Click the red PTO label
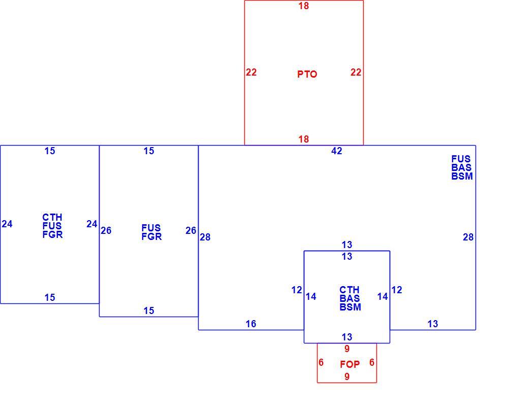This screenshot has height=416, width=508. pyautogui.click(x=307, y=74)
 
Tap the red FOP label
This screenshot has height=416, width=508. pyautogui.click(x=350, y=364)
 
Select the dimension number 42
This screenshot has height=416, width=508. pyautogui.click(x=337, y=151)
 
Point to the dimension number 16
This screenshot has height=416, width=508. pyautogui.click(x=251, y=324)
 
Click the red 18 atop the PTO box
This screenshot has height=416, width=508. pyautogui.click(x=304, y=6)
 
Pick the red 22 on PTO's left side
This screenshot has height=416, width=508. pyautogui.click(x=251, y=72)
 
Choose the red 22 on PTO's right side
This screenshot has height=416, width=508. pyautogui.click(x=356, y=72)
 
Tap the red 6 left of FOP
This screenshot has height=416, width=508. pyautogui.click(x=321, y=362)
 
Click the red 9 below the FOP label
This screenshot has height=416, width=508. pyautogui.click(x=347, y=376)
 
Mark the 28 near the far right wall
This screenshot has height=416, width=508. pyautogui.click(x=468, y=237)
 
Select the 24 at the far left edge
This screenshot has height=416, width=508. pyautogui.click(x=7, y=224)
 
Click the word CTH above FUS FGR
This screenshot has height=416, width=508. pyautogui.click(x=52, y=217)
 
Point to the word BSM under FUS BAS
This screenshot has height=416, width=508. pyautogui.click(x=462, y=177)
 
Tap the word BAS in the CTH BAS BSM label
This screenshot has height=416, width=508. pyautogui.click(x=350, y=298)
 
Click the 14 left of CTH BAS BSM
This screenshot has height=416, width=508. pyautogui.click(x=311, y=296)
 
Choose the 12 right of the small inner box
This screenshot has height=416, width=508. pyautogui.click(x=397, y=290)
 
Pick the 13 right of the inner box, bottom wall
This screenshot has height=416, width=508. pyautogui.click(x=432, y=324)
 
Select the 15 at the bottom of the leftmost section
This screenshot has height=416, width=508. pyautogui.click(x=50, y=297)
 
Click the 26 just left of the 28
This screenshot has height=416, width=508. pyautogui.click(x=191, y=230)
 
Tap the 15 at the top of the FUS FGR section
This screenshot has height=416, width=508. pyautogui.click(x=149, y=151)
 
